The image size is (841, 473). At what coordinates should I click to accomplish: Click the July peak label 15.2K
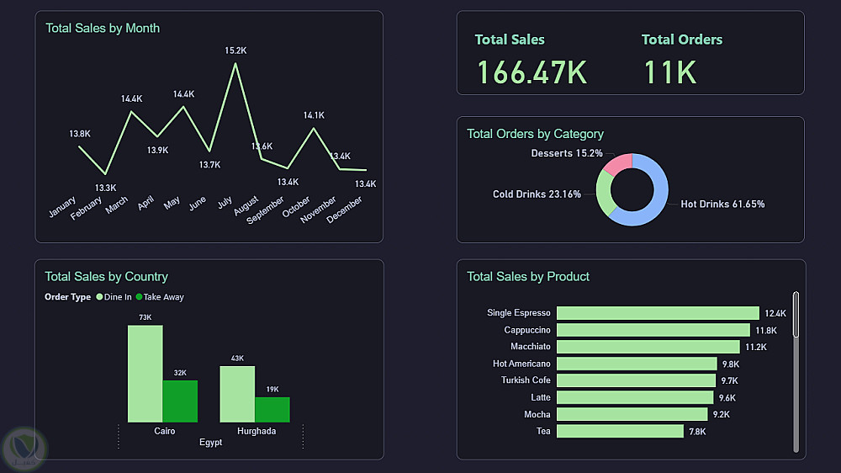pyautogui.click(x=235, y=50)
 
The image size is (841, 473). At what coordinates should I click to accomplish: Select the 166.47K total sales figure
pyautogui.click(x=532, y=72)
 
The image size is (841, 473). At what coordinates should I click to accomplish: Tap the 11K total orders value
pyautogui.click(x=670, y=72)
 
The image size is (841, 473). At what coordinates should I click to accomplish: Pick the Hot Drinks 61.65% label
pyautogui.click(x=722, y=205)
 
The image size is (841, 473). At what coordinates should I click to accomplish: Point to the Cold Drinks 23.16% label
pyautogui.click(x=537, y=194)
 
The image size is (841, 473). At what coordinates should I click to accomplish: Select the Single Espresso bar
pyautogui.click(x=658, y=313)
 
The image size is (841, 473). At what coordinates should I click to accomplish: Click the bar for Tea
pyautogui.click(x=620, y=431)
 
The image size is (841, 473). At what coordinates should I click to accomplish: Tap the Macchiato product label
pyautogui.click(x=531, y=347)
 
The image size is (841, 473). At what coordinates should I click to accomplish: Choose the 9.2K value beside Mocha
pyautogui.click(x=722, y=414)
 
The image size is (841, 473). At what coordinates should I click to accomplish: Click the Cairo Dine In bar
pyautogui.click(x=145, y=374)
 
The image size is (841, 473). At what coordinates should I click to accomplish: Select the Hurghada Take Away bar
pyautogui.click(x=272, y=409)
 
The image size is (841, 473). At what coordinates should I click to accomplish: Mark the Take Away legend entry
pyautogui.click(x=163, y=297)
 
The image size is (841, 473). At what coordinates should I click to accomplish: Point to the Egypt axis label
pyautogui.click(x=211, y=443)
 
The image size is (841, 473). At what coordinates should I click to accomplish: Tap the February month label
pyautogui.click(x=87, y=207)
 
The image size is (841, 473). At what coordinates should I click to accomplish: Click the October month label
pyautogui.click(x=296, y=208)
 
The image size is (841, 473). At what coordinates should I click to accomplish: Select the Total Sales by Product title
pyautogui.click(x=528, y=276)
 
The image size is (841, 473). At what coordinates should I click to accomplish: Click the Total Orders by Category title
pyautogui.click(x=535, y=134)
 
